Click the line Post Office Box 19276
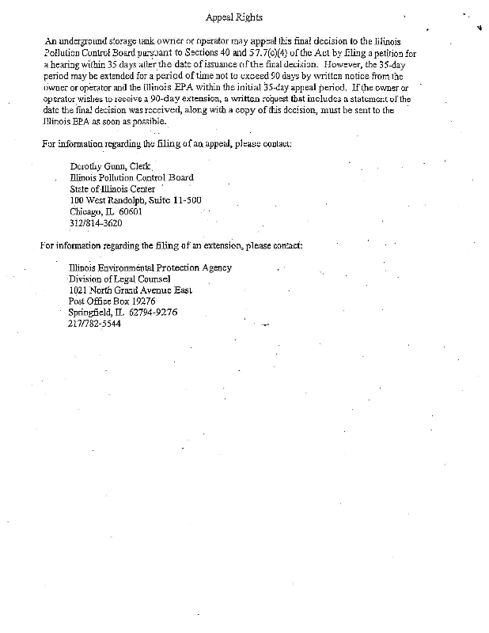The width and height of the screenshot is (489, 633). pyautogui.click(x=112, y=301)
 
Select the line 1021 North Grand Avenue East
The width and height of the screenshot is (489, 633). pyautogui.click(x=131, y=290)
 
